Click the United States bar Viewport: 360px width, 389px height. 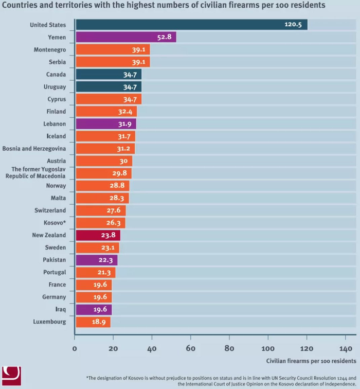point(191,25)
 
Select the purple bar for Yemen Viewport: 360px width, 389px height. point(126,37)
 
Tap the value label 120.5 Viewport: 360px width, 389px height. point(293,25)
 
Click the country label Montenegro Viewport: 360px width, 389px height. point(50,50)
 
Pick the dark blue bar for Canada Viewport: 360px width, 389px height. point(109,75)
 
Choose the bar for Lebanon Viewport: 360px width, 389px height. point(106,124)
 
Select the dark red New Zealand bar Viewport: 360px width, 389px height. point(98,235)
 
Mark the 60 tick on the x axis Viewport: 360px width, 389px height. point(191,349)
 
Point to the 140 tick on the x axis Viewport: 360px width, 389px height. point(345,349)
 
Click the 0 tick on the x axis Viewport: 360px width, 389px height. point(75,349)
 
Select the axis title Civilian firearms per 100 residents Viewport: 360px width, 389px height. point(311,361)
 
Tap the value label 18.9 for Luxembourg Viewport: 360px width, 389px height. point(100,322)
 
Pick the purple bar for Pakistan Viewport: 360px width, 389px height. point(96,260)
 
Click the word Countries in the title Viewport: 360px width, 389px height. point(19,6)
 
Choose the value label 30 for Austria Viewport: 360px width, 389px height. point(123,161)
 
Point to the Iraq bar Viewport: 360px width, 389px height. point(94,309)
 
